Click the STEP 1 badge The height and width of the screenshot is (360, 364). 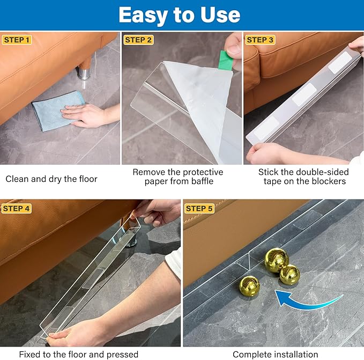point(17,40)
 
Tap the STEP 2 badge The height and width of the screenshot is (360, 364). point(138,40)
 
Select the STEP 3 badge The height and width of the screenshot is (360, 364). point(260,40)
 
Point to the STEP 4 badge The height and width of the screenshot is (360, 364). point(16,208)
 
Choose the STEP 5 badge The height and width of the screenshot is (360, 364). point(199,208)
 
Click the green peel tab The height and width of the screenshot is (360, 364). point(226,60)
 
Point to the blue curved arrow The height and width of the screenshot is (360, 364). point(307,302)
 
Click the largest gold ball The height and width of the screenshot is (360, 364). point(276,260)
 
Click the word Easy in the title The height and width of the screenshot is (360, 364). point(143,16)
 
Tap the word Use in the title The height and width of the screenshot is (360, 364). point(220,15)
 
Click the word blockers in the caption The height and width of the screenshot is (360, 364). point(329,181)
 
